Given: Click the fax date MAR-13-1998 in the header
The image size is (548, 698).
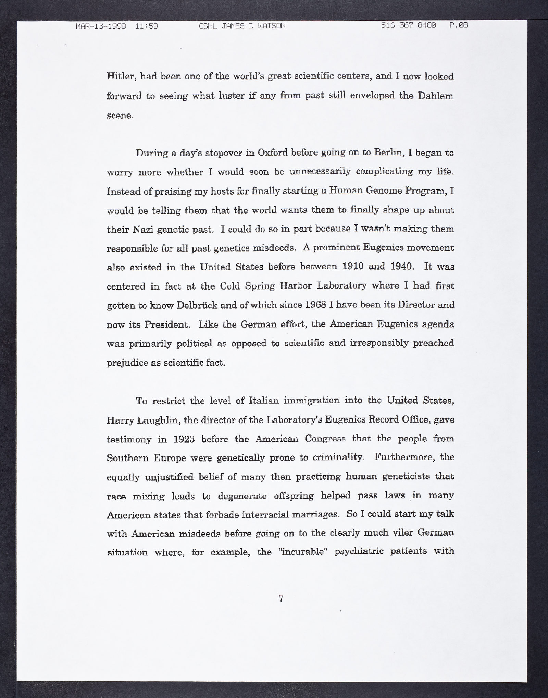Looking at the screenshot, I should tap(101, 26).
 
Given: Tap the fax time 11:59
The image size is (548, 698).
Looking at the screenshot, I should tap(147, 26).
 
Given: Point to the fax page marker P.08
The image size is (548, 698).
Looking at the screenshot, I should tap(458, 26).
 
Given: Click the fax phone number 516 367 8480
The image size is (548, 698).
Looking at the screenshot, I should tap(408, 26).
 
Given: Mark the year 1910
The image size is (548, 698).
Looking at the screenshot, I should tap(353, 267).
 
